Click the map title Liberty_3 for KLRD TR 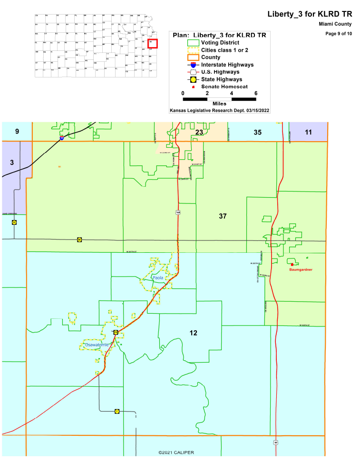coord(311,14)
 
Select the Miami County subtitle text coord(335,24)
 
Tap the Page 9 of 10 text coord(339,33)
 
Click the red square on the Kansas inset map coord(152,43)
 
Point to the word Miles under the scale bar coord(219,103)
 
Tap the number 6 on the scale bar coord(256,93)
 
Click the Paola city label coord(157,277)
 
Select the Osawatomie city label coord(97,345)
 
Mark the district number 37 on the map coord(223,216)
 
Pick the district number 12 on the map coord(193,333)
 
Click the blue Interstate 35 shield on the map coord(62,138)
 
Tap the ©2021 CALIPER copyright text coord(176,452)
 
